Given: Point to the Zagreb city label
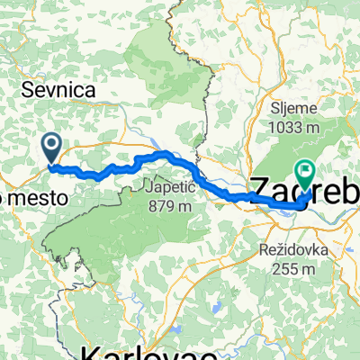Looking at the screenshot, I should coord(301,190).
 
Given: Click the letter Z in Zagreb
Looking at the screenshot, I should coord(258,190).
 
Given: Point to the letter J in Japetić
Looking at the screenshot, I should coord(146,188).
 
